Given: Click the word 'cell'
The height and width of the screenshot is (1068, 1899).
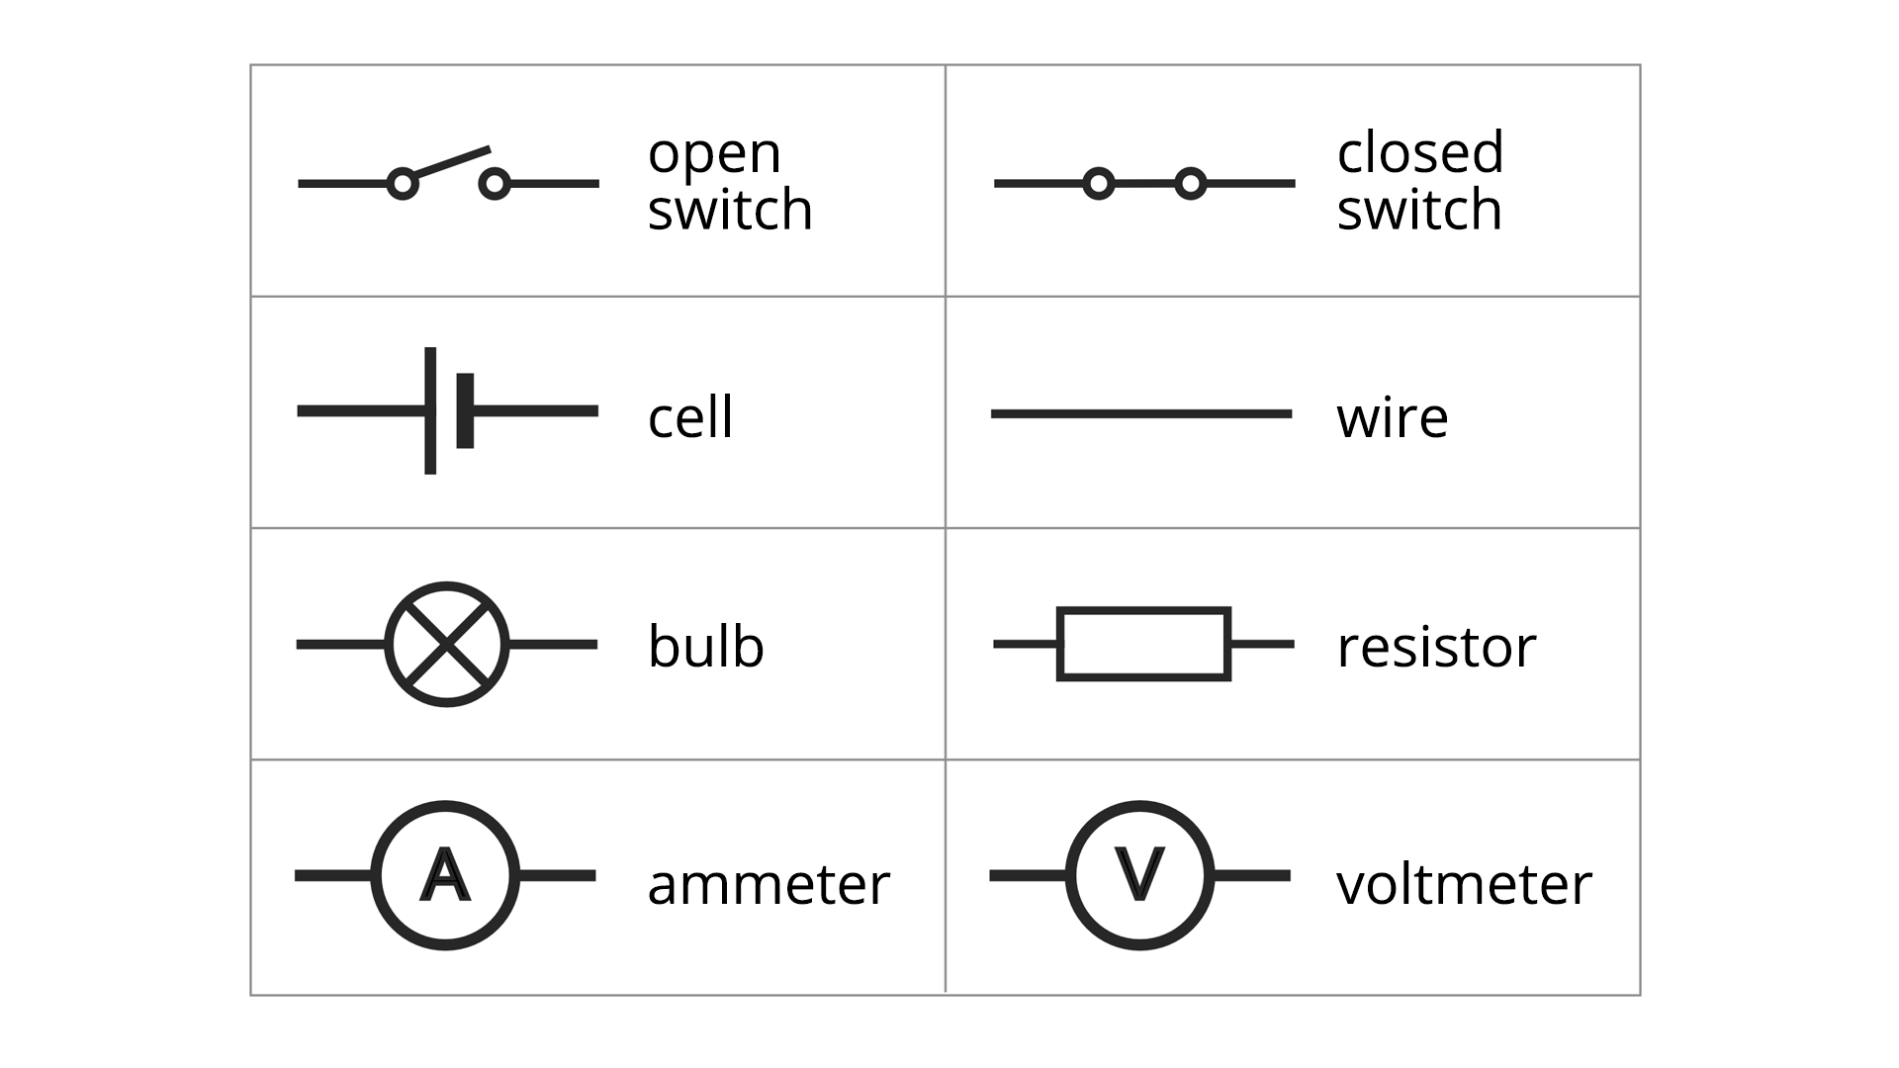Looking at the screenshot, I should coord(690,417).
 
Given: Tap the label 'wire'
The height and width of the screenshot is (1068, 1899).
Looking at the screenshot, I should coord(1392,417).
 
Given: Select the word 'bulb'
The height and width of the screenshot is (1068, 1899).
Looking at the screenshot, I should coord(705,647).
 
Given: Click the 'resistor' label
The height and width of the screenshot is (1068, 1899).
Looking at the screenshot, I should coord(1436,647).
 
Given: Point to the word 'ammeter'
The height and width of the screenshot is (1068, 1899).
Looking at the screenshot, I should coord(769,884).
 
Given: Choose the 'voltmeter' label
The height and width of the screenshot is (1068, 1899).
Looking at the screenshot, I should coord(1464,884).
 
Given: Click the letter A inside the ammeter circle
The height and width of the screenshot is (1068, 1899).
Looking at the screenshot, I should coord(445,875).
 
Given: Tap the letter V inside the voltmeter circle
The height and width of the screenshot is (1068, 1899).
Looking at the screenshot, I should coord(1139,874).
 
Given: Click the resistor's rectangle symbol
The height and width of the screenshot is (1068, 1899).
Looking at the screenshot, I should coord(1143,644).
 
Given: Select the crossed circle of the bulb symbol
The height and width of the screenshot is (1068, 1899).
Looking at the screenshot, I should coord(447,644).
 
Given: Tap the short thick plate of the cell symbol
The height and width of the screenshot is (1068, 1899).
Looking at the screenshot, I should coord(465,410).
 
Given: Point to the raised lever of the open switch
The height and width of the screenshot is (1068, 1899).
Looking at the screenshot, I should coord(451,163).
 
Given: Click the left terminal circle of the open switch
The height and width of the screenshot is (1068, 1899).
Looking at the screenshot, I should coord(402,183).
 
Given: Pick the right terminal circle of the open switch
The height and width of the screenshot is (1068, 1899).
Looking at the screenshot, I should coord(495,183).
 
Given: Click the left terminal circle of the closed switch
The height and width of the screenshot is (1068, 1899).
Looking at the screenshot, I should coord(1098,183).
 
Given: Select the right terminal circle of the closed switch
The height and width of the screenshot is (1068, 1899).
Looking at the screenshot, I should coord(1191,183).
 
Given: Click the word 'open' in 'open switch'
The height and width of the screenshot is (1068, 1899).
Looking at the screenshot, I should coord(714,154).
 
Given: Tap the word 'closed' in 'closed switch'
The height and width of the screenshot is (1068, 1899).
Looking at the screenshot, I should coord(1420,152).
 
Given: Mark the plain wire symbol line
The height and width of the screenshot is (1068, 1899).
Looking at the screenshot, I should coord(1141,413).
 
